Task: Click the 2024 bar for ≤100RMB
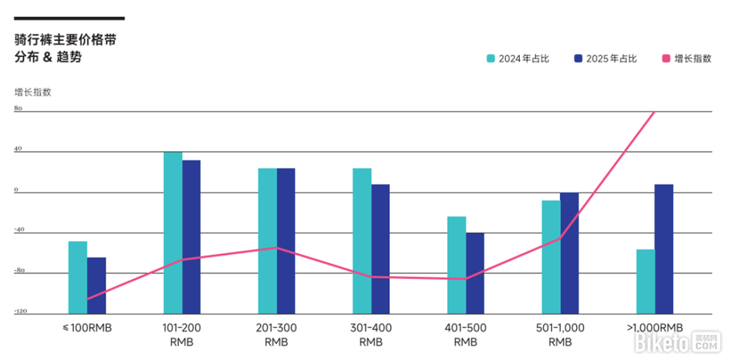[x=78, y=277]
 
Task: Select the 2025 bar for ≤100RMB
[x=97, y=285]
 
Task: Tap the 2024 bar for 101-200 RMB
[x=173, y=232]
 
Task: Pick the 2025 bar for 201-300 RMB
[x=286, y=240]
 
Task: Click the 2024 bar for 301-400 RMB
[x=362, y=240]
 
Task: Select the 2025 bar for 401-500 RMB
[x=475, y=273]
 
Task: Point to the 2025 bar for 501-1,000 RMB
[x=569, y=252]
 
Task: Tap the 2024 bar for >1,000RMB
[x=645, y=281]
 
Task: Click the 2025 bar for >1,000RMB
[x=664, y=248]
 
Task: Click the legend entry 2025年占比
[x=605, y=59]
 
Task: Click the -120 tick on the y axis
[x=20, y=312]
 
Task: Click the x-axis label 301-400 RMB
[x=371, y=335]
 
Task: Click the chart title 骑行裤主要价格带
[x=65, y=41]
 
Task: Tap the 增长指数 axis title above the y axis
[x=32, y=92]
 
